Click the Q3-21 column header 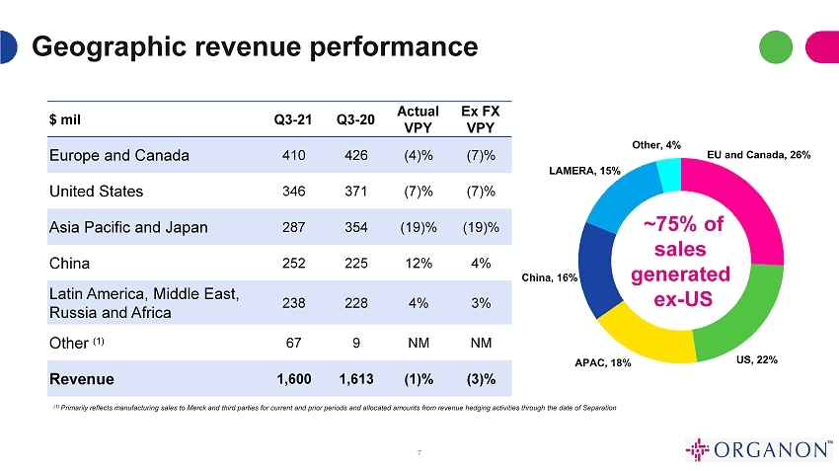293,119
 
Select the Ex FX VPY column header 481,119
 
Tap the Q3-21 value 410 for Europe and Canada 294,155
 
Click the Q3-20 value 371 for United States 355,192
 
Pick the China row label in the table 69,264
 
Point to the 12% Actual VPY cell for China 419,264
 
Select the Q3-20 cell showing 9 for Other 356,343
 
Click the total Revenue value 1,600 294,379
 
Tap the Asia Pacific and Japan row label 128,227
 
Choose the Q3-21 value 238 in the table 294,303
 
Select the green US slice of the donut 744,315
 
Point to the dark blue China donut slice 597,271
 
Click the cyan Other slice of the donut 670,175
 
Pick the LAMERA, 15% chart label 585,171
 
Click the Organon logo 759,449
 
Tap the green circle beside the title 776,47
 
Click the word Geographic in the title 110,47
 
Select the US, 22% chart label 757,359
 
